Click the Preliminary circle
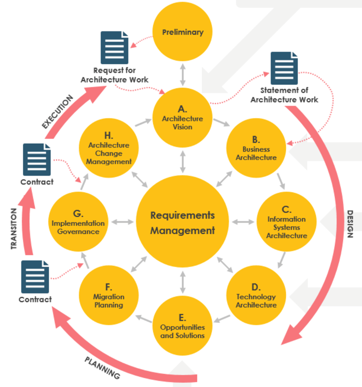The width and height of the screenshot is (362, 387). pyautogui.click(x=183, y=32)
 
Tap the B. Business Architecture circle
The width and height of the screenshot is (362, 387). pyautogui.click(x=256, y=149)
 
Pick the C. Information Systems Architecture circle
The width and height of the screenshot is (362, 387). pyautogui.click(x=286, y=222)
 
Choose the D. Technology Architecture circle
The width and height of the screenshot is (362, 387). pyautogui.click(x=256, y=296)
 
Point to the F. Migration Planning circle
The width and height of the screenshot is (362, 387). pyautogui.click(x=109, y=296)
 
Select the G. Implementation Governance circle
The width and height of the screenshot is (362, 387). pyautogui.click(x=78, y=222)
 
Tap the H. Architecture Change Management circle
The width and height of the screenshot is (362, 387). pyautogui.click(x=109, y=149)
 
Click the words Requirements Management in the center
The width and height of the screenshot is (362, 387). pyautogui.click(x=183, y=223)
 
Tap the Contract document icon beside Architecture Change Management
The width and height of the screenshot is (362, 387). pyautogui.click(x=36, y=160)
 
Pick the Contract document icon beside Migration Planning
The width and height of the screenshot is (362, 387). pyautogui.click(x=35, y=277)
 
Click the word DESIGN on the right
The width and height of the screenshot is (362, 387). pyautogui.click(x=350, y=224)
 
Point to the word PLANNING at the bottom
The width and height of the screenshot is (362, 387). pyautogui.click(x=102, y=368)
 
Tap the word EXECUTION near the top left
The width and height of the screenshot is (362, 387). pyautogui.click(x=57, y=112)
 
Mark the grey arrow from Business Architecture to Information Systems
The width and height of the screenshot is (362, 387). pyautogui.click(x=281, y=181)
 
